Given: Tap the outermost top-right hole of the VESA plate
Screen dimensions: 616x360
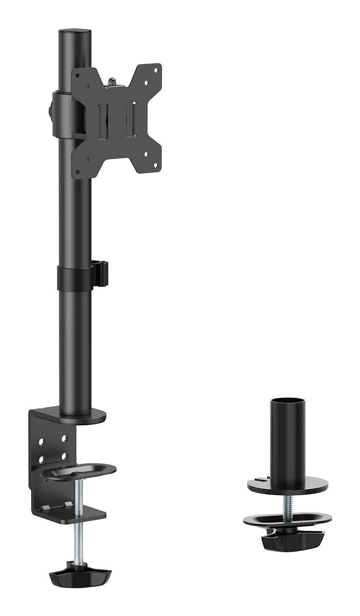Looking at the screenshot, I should point(156,69).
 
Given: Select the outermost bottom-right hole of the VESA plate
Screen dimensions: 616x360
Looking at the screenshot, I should point(156,166).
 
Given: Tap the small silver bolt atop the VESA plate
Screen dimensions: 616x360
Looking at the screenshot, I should point(113,81).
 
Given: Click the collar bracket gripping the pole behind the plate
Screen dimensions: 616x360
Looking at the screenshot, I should point(62,113).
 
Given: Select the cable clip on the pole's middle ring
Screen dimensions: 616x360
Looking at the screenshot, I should point(102,274).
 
